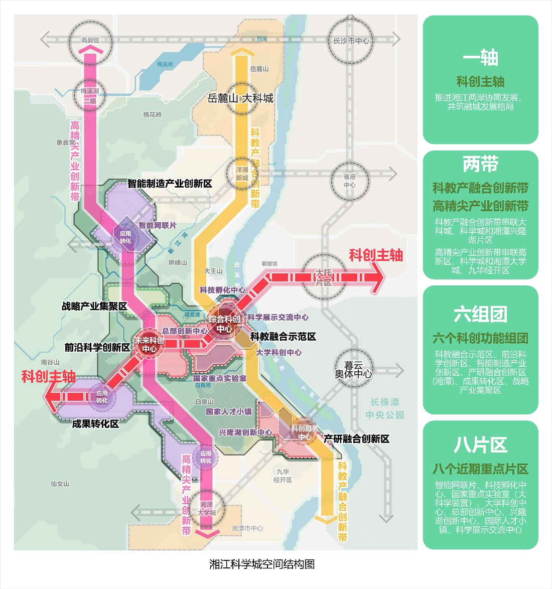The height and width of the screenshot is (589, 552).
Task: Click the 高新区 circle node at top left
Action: click(91, 40)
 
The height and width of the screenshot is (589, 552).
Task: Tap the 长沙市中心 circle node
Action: click(351, 41)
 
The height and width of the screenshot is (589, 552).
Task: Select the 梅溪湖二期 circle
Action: click(90, 95)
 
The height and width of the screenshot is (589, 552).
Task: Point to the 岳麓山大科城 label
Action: click(240, 98)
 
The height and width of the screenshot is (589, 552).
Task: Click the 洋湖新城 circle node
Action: click(242, 174)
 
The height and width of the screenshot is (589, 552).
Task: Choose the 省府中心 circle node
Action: click(350, 181)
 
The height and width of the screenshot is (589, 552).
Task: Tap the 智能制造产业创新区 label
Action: click(170, 184)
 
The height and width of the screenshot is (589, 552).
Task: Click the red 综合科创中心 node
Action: click(224, 324)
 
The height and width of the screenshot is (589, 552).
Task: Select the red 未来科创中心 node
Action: click(149, 344)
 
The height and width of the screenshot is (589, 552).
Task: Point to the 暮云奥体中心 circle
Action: click(354, 370)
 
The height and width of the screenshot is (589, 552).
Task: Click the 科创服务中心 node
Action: click(304, 432)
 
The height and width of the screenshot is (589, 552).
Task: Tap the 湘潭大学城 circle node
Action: click(206, 508)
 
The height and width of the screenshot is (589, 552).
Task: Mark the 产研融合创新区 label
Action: click(356, 439)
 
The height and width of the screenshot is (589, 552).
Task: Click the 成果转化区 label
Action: click(95, 424)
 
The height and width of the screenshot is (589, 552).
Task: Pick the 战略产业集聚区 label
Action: click(94, 306)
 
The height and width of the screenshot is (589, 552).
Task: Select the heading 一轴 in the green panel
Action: click(480, 58)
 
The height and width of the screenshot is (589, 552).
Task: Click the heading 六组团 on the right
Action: click(480, 315)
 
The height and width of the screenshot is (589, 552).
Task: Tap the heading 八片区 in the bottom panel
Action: click(480, 445)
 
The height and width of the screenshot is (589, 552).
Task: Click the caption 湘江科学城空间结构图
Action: click(262, 564)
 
